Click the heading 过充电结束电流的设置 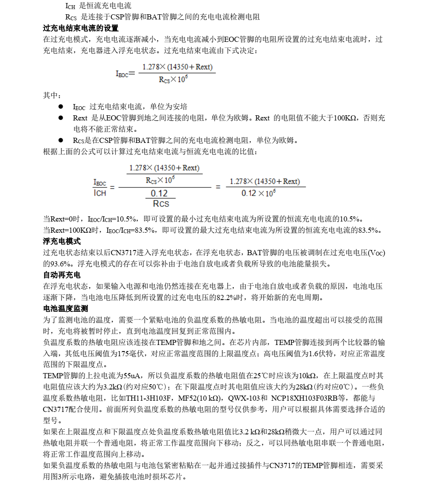tap(81, 28)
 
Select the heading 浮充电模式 tap(62, 241)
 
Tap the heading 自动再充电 tap(62, 275)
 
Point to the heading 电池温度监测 tap(66, 309)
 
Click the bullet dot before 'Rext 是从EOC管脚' tap(61, 118)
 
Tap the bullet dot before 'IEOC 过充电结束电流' tap(61, 107)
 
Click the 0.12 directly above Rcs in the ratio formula tap(159, 193)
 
